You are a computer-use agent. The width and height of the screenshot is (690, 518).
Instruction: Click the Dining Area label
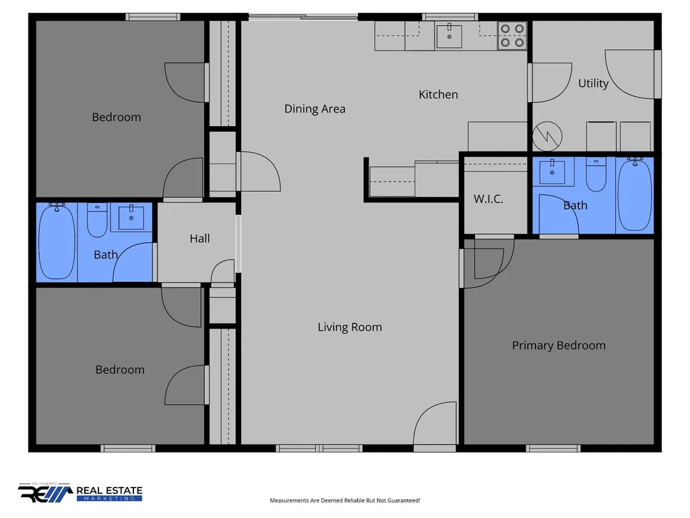coord(315,109)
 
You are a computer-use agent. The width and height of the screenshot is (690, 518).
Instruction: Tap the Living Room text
coord(350,327)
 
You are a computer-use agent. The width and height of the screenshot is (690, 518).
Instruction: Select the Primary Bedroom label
coord(559,345)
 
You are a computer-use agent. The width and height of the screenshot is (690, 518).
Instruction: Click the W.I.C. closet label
coord(489,199)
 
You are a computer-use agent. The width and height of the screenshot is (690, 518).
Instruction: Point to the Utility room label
coord(593,83)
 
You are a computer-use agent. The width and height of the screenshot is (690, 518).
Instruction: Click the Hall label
coord(199,239)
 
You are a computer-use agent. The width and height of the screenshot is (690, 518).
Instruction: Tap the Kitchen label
coord(438,94)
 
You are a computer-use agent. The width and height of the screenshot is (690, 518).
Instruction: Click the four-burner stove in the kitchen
coord(512,36)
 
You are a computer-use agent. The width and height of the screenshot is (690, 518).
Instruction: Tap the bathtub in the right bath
coord(634,194)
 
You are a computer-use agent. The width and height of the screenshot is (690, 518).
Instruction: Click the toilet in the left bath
coord(97,220)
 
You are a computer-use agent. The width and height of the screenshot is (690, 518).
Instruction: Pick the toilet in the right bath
coord(596,175)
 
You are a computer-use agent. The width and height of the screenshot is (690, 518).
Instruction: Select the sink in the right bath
coord(553,171)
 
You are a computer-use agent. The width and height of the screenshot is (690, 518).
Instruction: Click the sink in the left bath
coord(131,217)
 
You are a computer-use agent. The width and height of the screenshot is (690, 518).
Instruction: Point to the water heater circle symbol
coord(547,136)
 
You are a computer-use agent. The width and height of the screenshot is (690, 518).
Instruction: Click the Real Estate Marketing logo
coord(80,492)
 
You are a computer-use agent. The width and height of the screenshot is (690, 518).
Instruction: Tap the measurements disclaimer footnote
coord(345,500)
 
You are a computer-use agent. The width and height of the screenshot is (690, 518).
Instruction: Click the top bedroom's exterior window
coord(153,17)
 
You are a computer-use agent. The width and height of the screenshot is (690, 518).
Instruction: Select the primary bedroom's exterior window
coord(553,449)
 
